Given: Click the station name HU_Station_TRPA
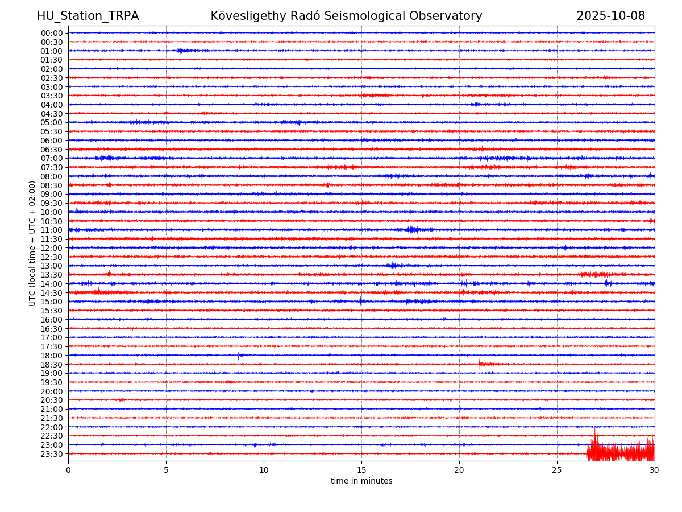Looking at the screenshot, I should [x=88, y=16].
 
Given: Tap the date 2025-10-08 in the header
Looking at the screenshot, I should [x=610, y=16].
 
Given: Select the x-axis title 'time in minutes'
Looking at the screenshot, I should [x=361, y=481].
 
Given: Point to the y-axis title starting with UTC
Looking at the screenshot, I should [x=32, y=243].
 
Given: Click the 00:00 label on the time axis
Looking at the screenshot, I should [x=52, y=33].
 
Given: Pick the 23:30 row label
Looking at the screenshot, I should [x=52, y=454].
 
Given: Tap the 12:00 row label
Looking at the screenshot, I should [x=52, y=248].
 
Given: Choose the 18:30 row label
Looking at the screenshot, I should [x=52, y=364].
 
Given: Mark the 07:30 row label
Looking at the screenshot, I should [x=52, y=167].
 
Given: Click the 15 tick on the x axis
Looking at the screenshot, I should [x=361, y=470].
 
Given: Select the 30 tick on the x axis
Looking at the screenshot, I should [x=655, y=470].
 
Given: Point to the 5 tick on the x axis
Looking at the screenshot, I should [x=166, y=470].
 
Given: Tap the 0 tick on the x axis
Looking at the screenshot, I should [x=68, y=470].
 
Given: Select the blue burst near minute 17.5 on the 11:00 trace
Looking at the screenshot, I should [x=413, y=230].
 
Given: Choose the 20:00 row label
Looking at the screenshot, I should [x=52, y=391].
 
